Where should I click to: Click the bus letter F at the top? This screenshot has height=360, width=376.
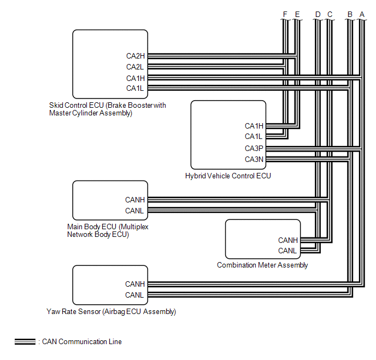pyautogui.click(x=285, y=14)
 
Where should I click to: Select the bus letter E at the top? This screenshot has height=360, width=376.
pyautogui.click(x=297, y=14)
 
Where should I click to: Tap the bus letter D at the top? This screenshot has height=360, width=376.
pyautogui.click(x=318, y=14)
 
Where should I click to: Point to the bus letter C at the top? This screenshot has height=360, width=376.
pyautogui.click(x=330, y=14)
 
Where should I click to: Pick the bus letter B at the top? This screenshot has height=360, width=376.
pyautogui.click(x=350, y=14)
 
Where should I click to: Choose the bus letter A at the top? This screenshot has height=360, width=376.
pyautogui.click(x=361, y=14)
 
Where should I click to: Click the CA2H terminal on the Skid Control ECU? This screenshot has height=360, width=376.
pyautogui.click(x=136, y=56)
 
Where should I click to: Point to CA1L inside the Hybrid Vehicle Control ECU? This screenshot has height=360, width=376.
pyautogui.click(x=254, y=137)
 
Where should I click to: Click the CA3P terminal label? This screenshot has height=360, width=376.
pyautogui.click(x=254, y=148)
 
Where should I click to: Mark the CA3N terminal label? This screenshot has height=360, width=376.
pyautogui.click(x=254, y=159)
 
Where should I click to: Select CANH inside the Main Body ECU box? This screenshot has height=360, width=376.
pyautogui.click(x=134, y=200)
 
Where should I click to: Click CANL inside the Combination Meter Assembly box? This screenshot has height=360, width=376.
pyautogui.click(x=287, y=251)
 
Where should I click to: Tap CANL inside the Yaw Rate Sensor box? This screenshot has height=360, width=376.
pyautogui.click(x=134, y=295)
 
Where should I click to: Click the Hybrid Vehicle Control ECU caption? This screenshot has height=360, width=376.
pyautogui.click(x=228, y=176)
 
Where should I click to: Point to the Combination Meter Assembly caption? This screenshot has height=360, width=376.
pyautogui.click(x=262, y=265)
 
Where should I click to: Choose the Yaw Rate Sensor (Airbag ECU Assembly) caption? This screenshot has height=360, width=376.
pyautogui.click(x=111, y=312)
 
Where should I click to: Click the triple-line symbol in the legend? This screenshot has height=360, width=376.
pyautogui.click(x=26, y=342)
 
